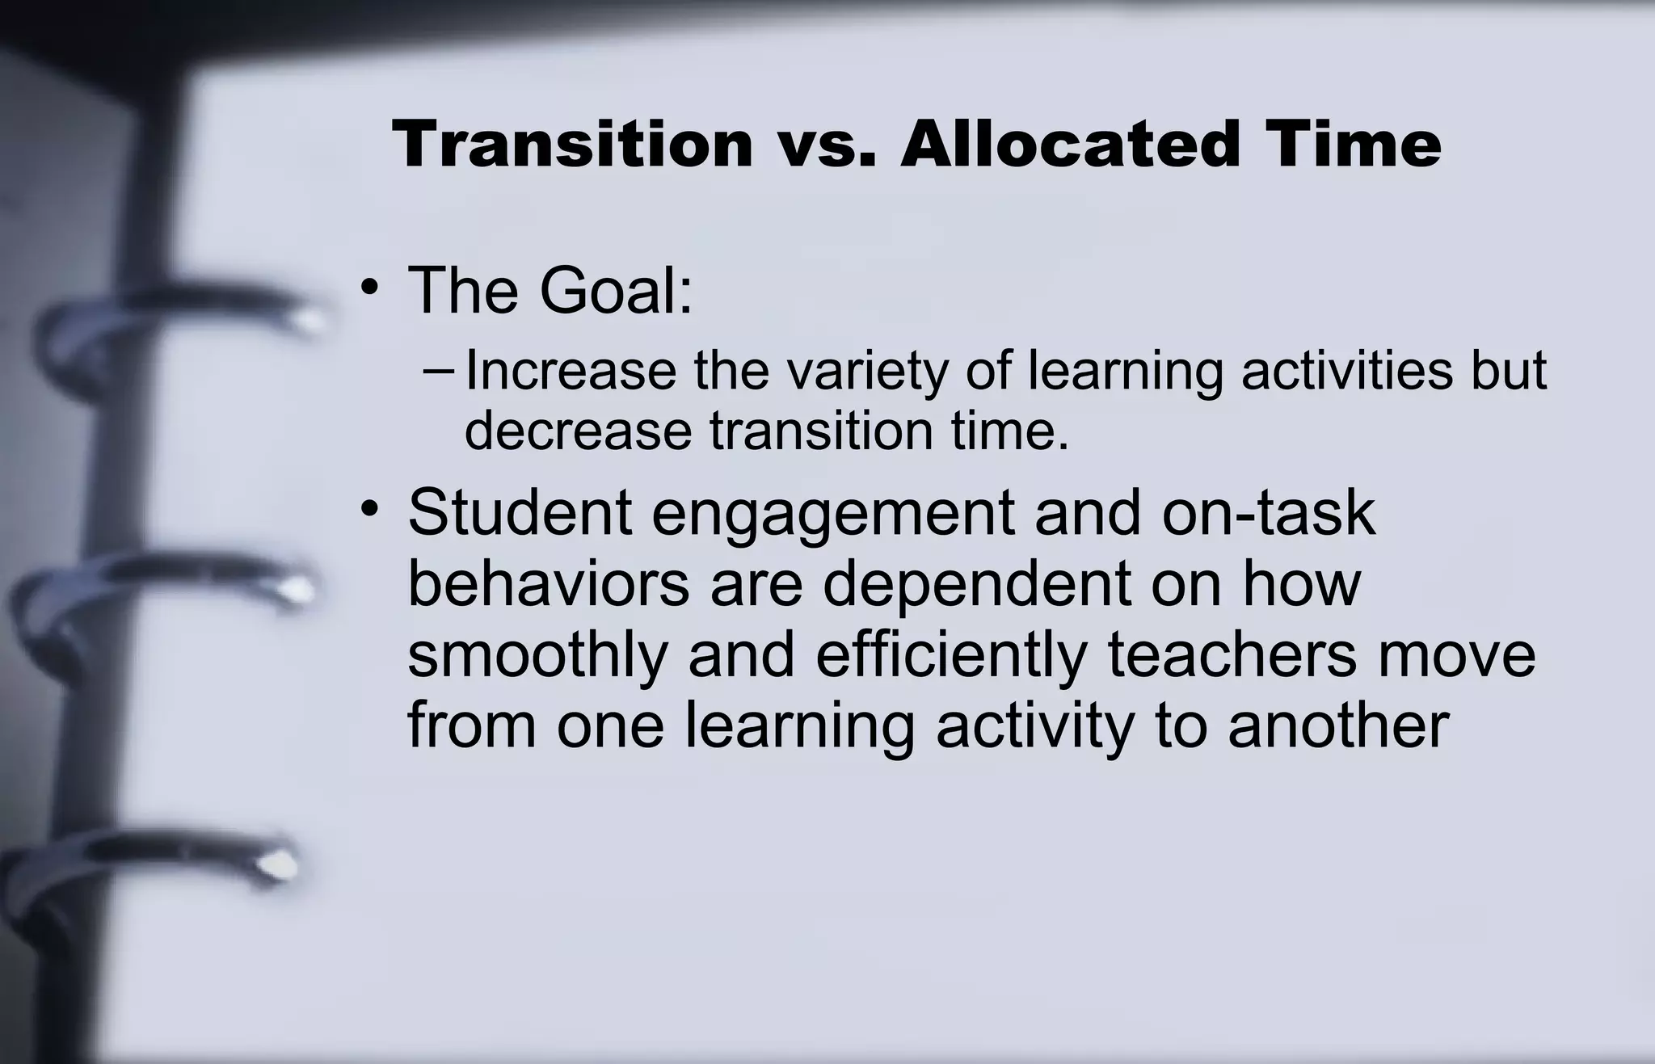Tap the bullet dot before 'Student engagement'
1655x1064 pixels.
pyautogui.click(x=369, y=511)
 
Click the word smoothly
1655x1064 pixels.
pyautogui.click(x=537, y=656)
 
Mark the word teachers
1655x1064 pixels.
pyautogui.click(x=1232, y=654)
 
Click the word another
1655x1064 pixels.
pyautogui.click(x=1337, y=725)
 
